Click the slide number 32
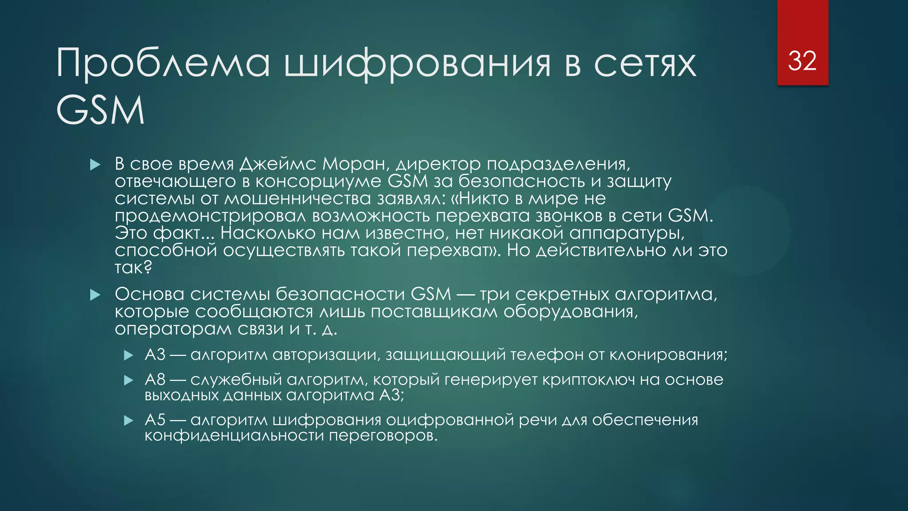click(802, 61)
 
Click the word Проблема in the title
click(163, 63)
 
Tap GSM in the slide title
click(101, 110)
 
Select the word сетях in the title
click(645, 63)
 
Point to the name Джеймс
click(278, 164)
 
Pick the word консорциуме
click(318, 181)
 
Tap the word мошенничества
click(297, 199)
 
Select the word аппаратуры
click(627, 233)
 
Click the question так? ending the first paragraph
click(133, 267)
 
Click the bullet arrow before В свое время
click(95, 165)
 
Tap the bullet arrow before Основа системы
click(95, 295)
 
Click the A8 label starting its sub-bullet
click(155, 380)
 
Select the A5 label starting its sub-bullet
click(155, 420)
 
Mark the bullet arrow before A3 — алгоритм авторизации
click(129, 355)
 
